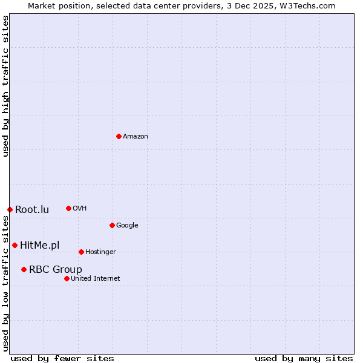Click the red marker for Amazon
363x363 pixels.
click(x=119, y=136)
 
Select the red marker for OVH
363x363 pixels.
click(x=68, y=208)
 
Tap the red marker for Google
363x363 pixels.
click(x=112, y=225)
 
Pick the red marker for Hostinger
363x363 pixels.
click(x=81, y=252)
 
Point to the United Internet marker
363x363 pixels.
click(x=67, y=278)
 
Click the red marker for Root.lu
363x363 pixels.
click(x=10, y=209)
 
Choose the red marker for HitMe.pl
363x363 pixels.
click(x=15, y=245)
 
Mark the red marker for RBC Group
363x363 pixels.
click(x=24, y=269)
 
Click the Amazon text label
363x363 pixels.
click(x=136, y=137)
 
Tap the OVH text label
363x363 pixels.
click(x=80, y=209)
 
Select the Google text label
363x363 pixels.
click(x=127, y=226)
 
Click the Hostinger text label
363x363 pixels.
click(x=100, y=252)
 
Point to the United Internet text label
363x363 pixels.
click(x=96, y=279)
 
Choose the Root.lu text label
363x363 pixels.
click(x=32, y=210)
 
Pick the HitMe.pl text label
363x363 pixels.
click(x=40, y=245)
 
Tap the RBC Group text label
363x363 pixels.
click(x=56, y=270)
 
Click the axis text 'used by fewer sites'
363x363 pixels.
click(x=62, y=359)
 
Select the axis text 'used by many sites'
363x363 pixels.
click(x=304, y=359)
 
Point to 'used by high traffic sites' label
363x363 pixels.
click(x=5, y=86)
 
